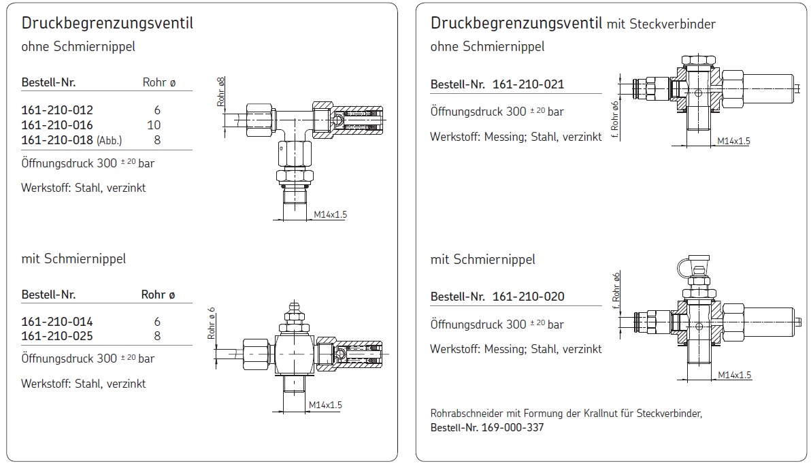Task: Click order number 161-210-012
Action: pos(57,110)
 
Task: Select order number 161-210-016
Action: pos(57,124)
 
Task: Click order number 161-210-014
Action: pos(57,321)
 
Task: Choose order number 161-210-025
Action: pos(57,335)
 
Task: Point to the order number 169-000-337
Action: pos(512,428)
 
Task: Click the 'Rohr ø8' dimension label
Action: pos(221,93)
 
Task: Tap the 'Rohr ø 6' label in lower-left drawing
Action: pos(212,323)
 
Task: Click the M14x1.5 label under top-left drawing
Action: pos(331,215)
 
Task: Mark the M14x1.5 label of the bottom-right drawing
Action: pos(734,375)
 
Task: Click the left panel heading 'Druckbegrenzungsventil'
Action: pos(107,23)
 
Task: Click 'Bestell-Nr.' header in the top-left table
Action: pos(48,82)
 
